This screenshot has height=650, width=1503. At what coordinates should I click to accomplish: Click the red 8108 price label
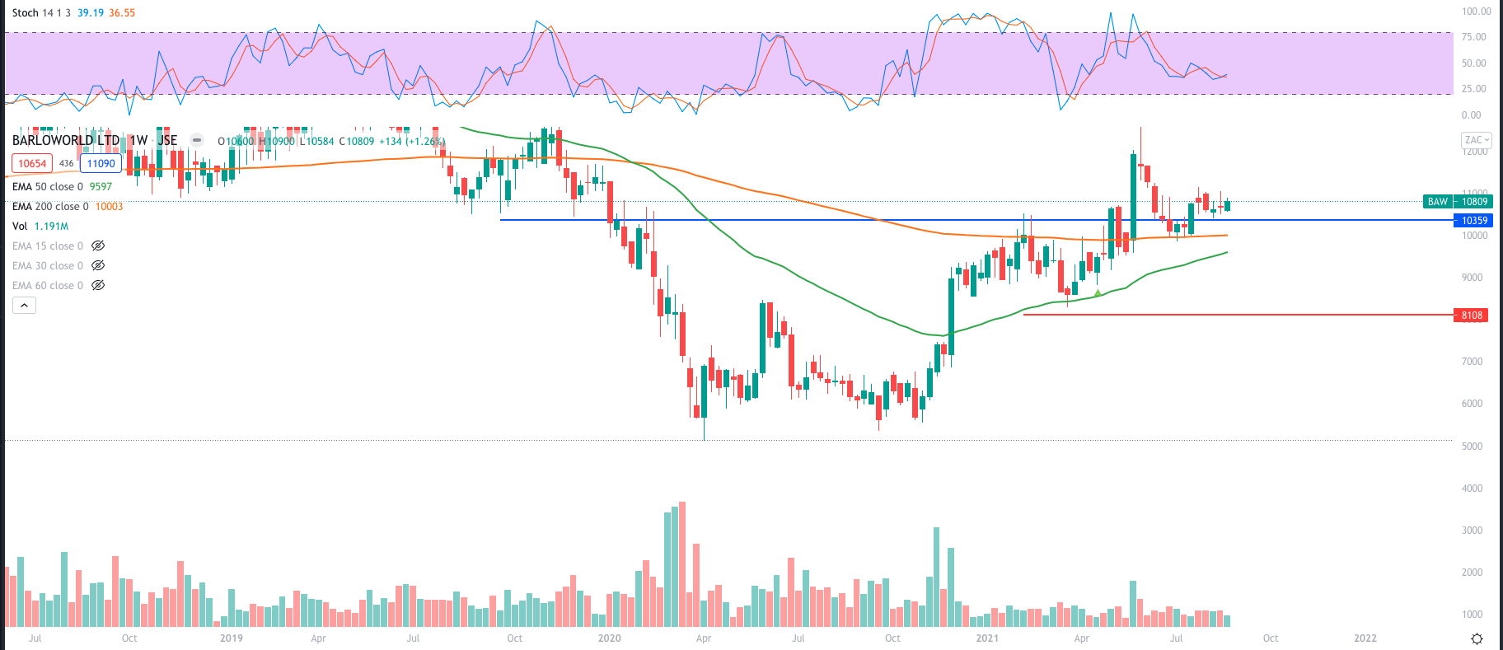point(1472,316)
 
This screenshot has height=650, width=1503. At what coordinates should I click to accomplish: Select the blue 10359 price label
point(1474,221)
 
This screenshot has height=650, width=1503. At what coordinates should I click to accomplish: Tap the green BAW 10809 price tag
point(1457,202)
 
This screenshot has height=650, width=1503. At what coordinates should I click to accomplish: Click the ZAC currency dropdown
point(1476,140)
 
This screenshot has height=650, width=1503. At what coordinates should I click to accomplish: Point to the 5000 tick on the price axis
point(1472,447)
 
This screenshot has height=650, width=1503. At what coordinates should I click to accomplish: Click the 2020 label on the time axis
point(609,638)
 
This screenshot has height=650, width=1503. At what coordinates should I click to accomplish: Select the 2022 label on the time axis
point(1365,638)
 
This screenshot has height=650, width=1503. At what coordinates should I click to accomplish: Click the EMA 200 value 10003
point(109,207)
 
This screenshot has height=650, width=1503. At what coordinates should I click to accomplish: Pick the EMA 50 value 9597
point(101,187)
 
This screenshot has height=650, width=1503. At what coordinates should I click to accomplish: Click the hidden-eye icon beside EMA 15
point(98,246)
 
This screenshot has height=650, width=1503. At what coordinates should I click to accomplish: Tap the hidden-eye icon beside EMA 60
point(98,286)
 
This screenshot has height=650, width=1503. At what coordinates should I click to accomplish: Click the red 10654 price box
point(32,164)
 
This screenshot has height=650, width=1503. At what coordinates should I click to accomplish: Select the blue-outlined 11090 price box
point(101,164)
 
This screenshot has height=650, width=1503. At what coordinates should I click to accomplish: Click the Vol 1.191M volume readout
point(51,227)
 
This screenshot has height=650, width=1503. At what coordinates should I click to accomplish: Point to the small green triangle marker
point(1098,292)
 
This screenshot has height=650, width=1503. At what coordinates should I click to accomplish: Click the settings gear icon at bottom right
point(1477,639)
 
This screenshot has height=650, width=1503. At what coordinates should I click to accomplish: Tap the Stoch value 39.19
point(91,13)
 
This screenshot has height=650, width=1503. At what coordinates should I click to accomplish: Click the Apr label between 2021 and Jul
point(1081,638)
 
